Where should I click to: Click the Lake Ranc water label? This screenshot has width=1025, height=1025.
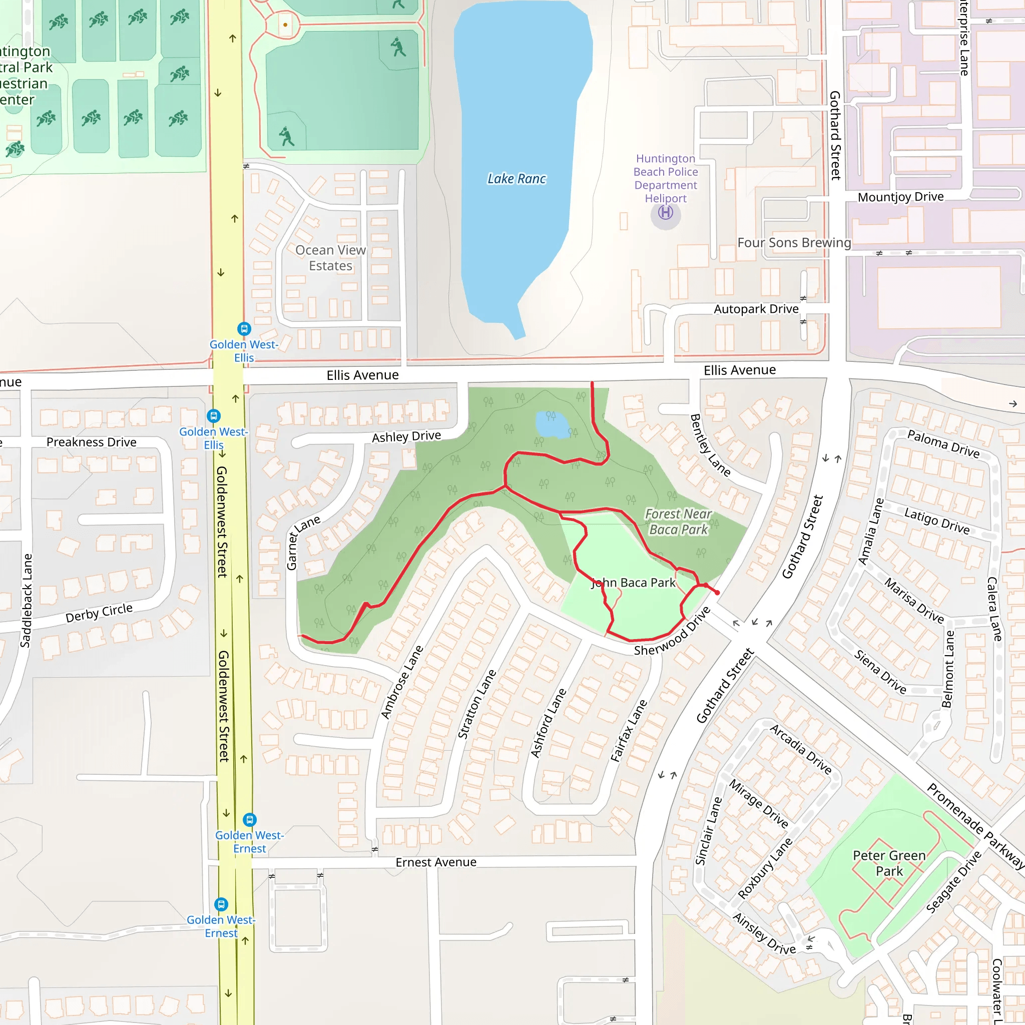(x=516, y=179)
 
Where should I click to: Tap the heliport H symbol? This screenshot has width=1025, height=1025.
(x=665, y=213)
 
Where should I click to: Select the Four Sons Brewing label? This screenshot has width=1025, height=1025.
(x=794, y=242)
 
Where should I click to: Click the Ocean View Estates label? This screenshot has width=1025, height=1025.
(x=330, y=258)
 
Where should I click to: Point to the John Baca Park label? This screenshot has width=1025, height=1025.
(x=633, y=583)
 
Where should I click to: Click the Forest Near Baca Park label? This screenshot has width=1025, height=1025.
(x=678, y=522)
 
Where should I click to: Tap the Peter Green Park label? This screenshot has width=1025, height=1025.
(x=889, y=863)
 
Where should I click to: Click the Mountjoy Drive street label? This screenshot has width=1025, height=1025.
(x=900, y=197)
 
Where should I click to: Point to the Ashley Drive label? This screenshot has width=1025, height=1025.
(x=406, y=436)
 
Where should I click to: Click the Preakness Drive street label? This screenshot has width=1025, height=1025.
(x=91, y=442)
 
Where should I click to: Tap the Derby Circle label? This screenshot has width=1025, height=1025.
(x=99, y=613)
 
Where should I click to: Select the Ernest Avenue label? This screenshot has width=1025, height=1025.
(x=435, y=862)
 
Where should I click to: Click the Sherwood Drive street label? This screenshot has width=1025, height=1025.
(x=672, y=631)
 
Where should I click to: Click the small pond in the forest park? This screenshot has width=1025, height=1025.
(x=552, y=424)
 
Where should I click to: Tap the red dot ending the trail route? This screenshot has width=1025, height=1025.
(x=717, y=593)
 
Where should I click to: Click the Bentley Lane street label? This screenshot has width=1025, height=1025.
(x=709, y=444)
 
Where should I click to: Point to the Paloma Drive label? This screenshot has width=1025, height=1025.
(x=943, y=443)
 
